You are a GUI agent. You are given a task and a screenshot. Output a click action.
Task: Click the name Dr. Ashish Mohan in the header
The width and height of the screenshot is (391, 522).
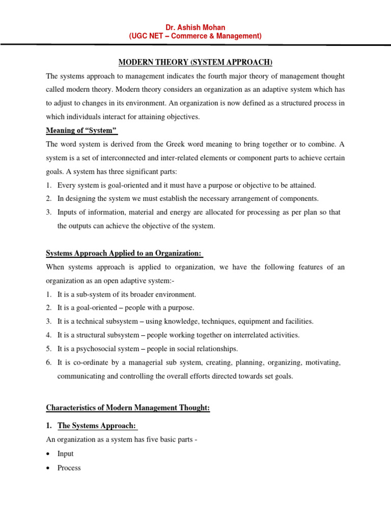pos(195,27)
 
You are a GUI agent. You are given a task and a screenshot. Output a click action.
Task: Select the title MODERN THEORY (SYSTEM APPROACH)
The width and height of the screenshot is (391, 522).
pos(195,63)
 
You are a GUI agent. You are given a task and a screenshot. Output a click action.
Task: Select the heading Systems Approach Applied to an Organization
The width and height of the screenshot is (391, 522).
pos(124,253)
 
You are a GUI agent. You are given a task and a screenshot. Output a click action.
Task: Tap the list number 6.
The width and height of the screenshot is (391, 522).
pos(48,363)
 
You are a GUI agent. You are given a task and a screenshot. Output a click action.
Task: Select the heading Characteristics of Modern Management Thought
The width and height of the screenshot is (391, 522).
pos(128,408)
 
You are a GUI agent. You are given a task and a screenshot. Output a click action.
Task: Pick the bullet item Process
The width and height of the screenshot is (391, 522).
pos(69,468)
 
